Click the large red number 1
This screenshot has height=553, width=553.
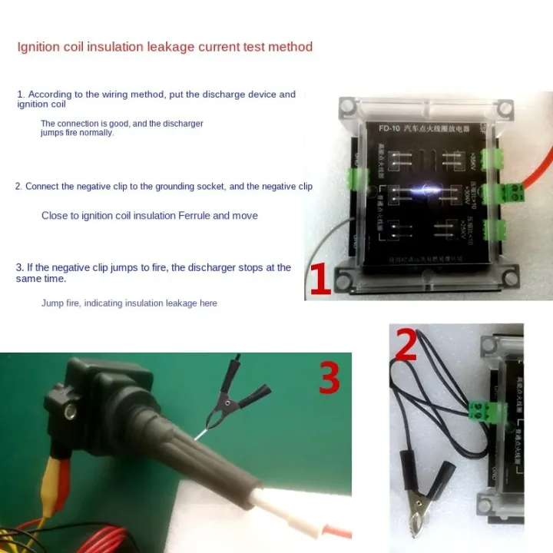tap(320, 280)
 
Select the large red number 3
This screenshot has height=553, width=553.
tap(329, 379)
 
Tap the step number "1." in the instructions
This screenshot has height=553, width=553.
tap(21, 94)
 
